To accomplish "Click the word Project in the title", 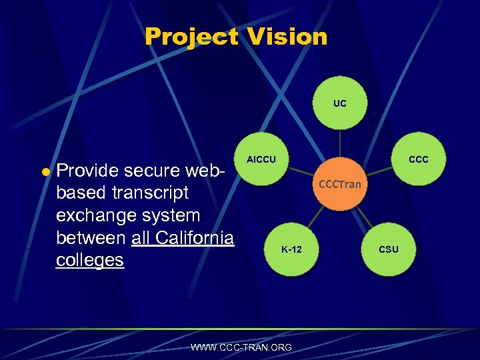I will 191,37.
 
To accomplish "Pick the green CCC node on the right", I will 418,160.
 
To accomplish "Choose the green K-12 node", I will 291,249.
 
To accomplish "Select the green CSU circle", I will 389,249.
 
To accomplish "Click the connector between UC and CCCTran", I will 340,143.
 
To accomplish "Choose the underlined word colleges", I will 90,259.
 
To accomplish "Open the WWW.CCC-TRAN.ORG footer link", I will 241,347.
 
